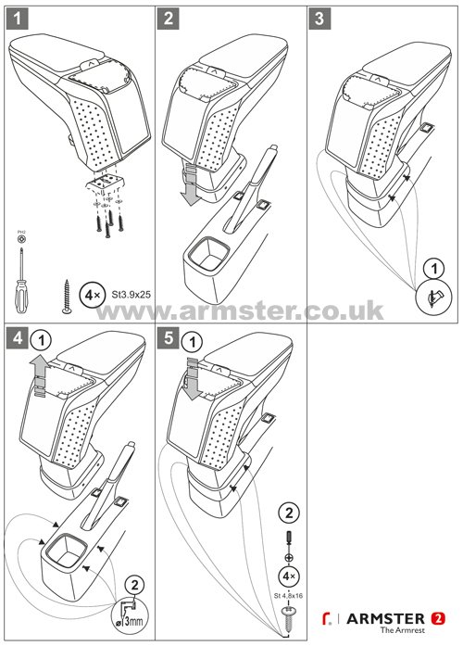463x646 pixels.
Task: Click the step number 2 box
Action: coord(168,17)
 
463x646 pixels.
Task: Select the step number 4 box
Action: coord(16,337)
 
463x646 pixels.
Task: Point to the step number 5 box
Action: coord(168,337)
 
